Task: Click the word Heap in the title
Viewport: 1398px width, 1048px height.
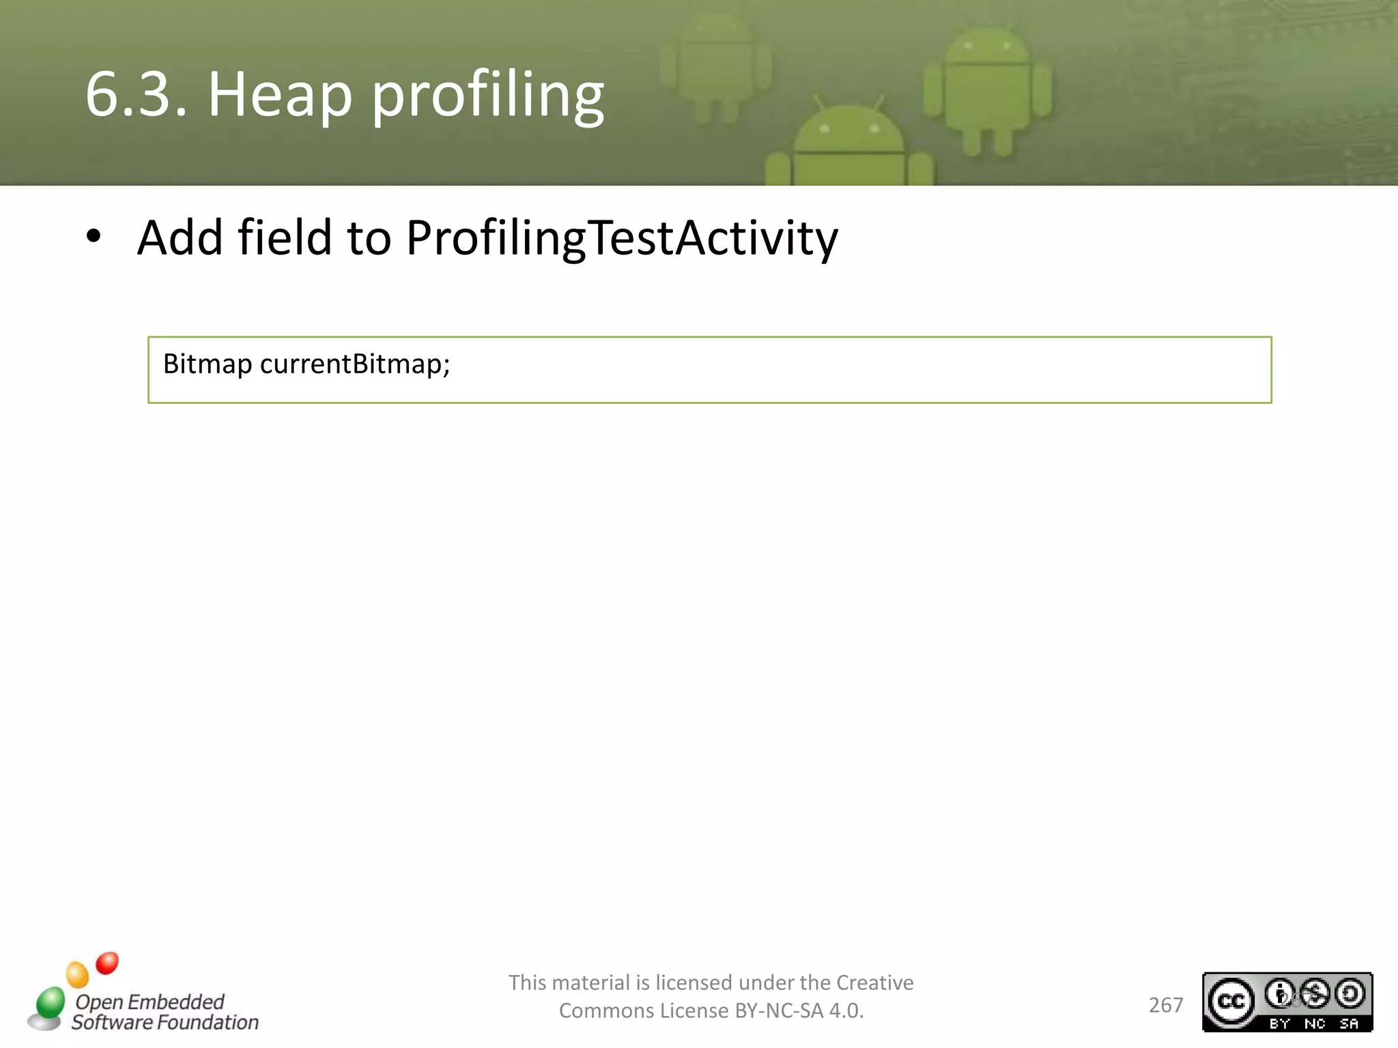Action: pos(280,96)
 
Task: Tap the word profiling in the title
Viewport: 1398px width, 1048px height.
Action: pos(487,96)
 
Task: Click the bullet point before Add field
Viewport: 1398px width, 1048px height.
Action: pos(94,237)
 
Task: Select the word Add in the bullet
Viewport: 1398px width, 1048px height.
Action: pos(180,237)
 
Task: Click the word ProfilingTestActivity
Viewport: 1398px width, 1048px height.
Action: pos(621,239)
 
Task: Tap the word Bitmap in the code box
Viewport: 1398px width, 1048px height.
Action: pos(208,364)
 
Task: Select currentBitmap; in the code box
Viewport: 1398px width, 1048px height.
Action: pos(355,364)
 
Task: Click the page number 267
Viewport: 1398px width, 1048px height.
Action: pos(1165,1005)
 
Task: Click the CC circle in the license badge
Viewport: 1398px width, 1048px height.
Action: pos(1231,1001)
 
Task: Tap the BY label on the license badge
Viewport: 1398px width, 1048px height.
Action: pos(1279,1023)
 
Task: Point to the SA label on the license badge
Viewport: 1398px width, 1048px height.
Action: pos(1349,1023)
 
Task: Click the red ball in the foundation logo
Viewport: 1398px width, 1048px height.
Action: pos(107,963)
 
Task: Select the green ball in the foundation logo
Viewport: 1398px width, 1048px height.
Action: pos(51,1002)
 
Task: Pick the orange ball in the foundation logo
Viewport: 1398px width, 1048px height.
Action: pos(77,974)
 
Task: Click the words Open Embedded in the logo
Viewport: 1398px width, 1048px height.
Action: pos(149,1002)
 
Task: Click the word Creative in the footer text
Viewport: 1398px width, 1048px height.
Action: pos(874,982)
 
